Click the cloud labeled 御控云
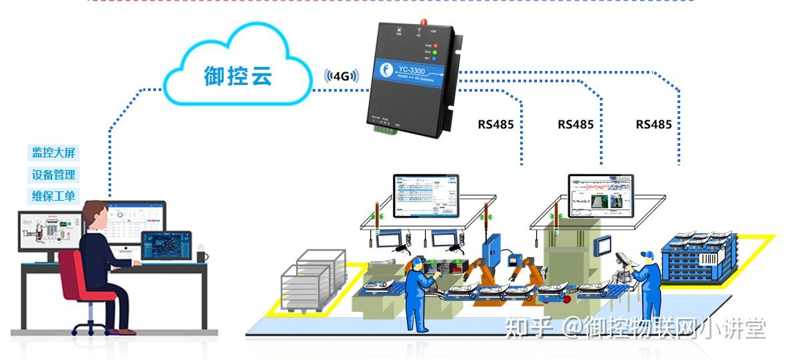coord(238,74)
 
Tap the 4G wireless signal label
coord(341,76)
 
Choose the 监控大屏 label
coord(54,153)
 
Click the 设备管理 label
coord(54,175)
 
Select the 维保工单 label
coord(54,197)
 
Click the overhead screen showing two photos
coord(600,195)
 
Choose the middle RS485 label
coord(576,124)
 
